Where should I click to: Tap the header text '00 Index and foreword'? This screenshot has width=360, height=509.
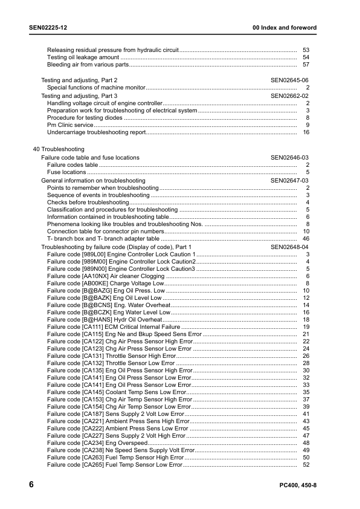coord(284,28)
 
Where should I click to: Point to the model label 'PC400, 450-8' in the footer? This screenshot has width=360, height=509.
coord(298,486)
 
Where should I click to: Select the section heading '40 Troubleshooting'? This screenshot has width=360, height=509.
coord(59,149)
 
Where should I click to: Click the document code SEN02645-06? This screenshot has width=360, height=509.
coord(289,80)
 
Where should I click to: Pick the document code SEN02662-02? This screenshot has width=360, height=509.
coord(289,96)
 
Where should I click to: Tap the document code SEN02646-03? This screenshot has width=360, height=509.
coord(289,158)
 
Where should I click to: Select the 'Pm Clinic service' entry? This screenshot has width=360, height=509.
coord(70,125)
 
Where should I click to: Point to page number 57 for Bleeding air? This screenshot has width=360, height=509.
coord(306,65)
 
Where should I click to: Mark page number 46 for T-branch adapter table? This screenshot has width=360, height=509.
coord(306,239)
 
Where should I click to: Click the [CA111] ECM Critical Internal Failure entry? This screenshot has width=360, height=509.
coord(118,327)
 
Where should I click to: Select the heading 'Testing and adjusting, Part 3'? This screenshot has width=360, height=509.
coord(79,96)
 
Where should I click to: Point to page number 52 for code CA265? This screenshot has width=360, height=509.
coord(306,464)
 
